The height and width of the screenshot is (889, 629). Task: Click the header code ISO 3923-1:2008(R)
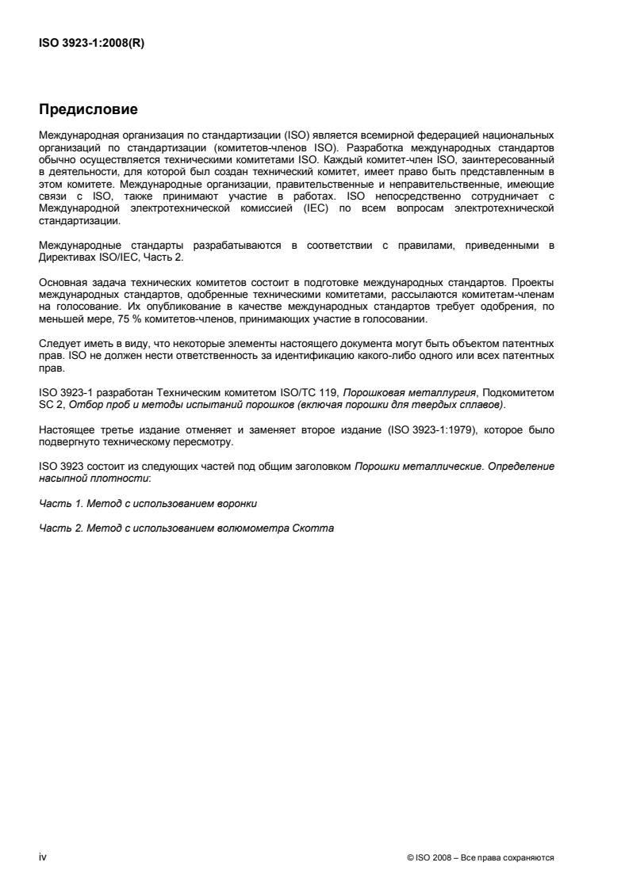[x=91, y=44]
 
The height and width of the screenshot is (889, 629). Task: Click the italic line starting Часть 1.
[x=148, y=503]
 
